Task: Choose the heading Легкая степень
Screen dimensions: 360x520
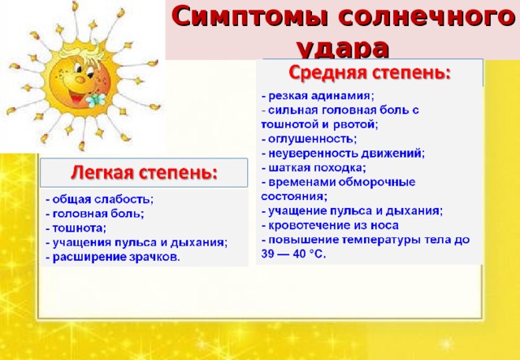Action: pos(145,172)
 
